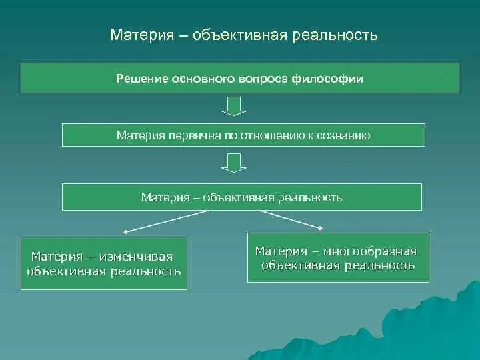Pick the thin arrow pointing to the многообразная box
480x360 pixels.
point(293,221)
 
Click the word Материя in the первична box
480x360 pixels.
point(140,135)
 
